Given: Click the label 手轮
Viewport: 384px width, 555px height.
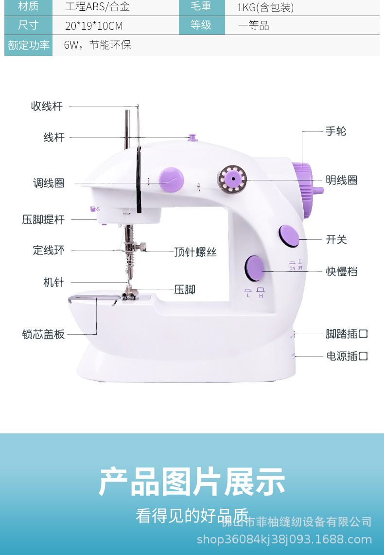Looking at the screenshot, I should point(336,131).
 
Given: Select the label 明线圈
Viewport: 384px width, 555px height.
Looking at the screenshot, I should point(341,180).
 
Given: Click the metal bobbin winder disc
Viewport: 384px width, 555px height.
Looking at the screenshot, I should point(232,179).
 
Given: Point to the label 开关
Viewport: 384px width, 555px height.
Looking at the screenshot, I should point(336,239).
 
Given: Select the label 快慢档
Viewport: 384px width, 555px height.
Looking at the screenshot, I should point(341,271).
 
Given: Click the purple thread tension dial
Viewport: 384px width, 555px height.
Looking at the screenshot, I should point(172,179).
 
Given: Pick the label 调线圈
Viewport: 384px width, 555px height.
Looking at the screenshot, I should point(49,183).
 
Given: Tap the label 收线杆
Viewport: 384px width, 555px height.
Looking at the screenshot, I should point(47,106).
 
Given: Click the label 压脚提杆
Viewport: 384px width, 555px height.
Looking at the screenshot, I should point(43,219).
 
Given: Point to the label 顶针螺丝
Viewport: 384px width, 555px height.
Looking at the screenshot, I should point(195,252).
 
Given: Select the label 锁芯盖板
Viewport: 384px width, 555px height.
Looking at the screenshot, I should point(43,334).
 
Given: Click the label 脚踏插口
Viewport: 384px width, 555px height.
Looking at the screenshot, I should point(347,334).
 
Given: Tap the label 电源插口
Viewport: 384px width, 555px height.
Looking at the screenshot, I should point(347,356).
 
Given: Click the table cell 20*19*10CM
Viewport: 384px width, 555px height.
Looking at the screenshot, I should point(94,26).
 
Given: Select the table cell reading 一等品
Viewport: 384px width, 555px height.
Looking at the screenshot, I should point(253,26).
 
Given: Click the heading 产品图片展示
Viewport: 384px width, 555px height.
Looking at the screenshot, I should point(192,482).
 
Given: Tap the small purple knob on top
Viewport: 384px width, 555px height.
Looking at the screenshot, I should point(192,137).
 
